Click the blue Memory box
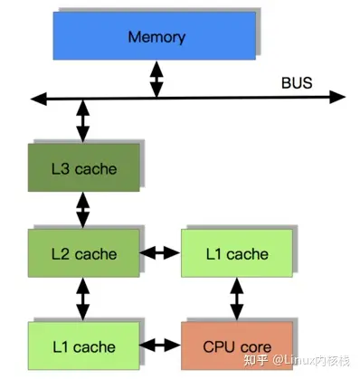coord(156,38)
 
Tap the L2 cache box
coord(83,254)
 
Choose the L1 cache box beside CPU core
coord(83,346)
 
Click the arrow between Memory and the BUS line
coord(156,79)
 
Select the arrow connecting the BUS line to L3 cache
coord(83,119)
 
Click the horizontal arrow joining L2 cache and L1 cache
coord(159,254)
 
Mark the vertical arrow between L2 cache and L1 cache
coord(83,298)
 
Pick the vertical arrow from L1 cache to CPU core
coord(236,298)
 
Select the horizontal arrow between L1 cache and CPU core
coord(159,345)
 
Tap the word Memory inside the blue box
coord(156,38)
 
